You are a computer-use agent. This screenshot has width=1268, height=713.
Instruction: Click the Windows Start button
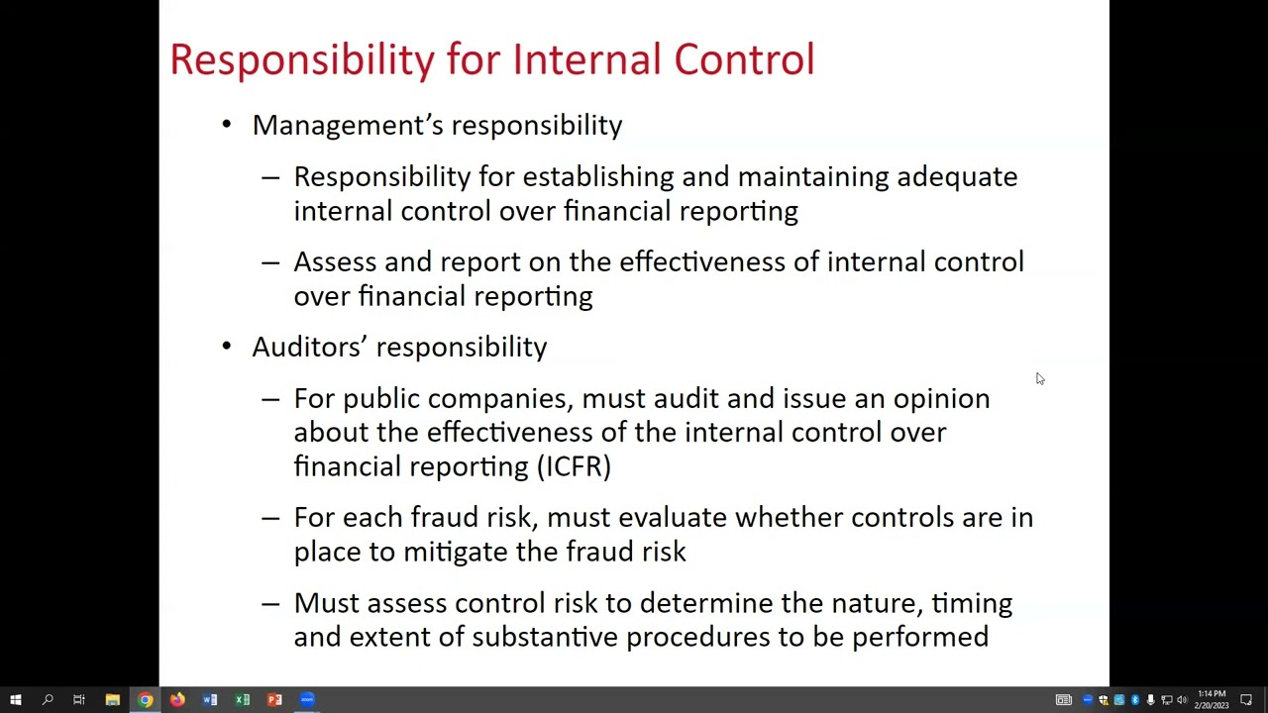click(16, 700)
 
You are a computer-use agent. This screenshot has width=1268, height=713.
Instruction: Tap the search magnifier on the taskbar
click(48, 700)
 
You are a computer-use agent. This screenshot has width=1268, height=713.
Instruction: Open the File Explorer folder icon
click(113, 700)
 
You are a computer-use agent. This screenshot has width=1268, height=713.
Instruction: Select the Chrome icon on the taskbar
click(146, 700)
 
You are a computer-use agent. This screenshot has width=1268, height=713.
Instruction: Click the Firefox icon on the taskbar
click(177, 700)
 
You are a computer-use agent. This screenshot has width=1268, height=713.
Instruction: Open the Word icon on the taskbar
click(210, 700)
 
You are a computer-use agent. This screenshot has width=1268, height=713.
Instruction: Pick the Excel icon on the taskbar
click(243, 700)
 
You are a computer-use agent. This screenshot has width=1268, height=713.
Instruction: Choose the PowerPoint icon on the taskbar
click(274, 700)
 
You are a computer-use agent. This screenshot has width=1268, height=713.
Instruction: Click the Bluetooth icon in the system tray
click(1135, 700)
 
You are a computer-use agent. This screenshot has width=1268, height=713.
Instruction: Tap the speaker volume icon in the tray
click(1182, 700)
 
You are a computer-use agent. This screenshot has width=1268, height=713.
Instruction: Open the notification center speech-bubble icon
click(1246, 700)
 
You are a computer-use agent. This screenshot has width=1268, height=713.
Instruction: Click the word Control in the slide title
click(744, 59)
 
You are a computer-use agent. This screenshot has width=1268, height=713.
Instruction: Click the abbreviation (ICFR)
click(574, 466)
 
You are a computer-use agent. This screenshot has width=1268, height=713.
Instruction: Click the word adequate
click(957, 177)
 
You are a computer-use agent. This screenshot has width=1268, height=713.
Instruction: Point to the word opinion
click(941, 399)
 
